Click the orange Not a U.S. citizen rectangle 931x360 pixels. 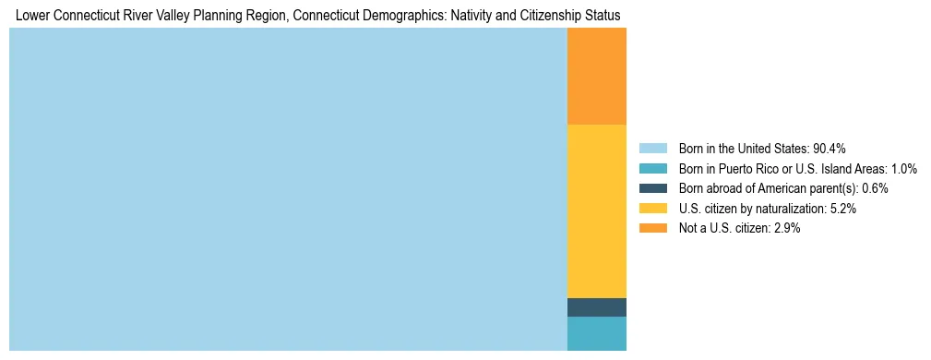pyautogui.click(x=596, y=76)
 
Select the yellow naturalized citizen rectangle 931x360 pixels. pyautogui.click(x=596, y=210)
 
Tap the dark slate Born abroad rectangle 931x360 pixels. pyautogui.click(x=596, y=307)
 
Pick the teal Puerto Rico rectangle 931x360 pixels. pyautogui.click(x=596, y=333)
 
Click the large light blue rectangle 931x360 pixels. pyautogui.click(x=288, y=189)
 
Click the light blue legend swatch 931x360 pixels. pyautogui.click(x=652, y=149)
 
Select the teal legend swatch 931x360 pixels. pyautogui.click(x=652, y=169)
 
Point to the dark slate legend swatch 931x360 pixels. pyautogui.click(x=652, y=188)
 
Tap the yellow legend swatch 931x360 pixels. pyautogui.click(x=652, y=209)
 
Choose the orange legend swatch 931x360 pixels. pyautogui.click(x=652, y=228)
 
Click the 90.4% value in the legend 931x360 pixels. pyautogui.click(x=829, y=149)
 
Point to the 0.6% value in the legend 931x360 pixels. pyautogui.click(x=876, y=188)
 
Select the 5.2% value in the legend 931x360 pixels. pyautogui.click(x=843, y=209)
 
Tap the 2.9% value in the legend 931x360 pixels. pyautogui.click(x=787, y=228)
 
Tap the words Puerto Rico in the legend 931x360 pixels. pyautogui.click(x=746, y=169)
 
